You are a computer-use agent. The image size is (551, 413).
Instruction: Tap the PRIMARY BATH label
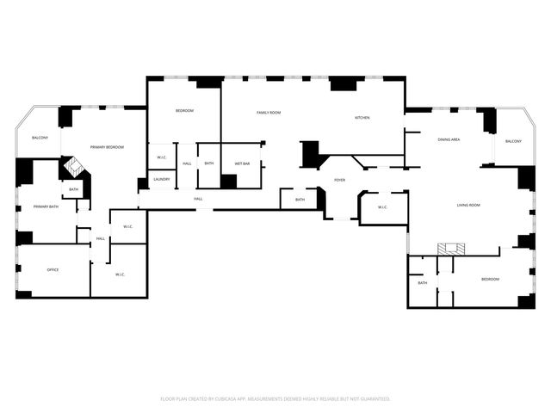tap(46, 206)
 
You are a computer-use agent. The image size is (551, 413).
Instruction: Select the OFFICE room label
tap(53, 270)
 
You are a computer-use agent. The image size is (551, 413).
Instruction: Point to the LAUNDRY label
tap(162, 180)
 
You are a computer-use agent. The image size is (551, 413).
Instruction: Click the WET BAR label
tap(242, 163)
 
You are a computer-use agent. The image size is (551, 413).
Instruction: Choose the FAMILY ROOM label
tap(269, 113)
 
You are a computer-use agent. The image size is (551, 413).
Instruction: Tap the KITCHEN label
tap(362, 118)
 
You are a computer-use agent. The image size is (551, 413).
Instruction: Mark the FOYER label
tap(340, 180)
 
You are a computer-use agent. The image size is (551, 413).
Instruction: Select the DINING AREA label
tap(448, 139)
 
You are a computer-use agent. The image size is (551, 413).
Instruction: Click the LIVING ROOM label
tap(468, 205)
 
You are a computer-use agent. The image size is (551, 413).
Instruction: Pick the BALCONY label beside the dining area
tap(513, 141)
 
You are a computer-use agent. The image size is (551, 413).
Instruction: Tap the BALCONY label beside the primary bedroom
tap(40, 138)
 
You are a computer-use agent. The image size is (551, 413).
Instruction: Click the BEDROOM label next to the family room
tap(184, 111)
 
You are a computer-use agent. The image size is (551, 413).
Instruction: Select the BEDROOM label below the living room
tap(490, 279)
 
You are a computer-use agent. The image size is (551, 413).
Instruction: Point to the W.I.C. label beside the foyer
tap(382, 207)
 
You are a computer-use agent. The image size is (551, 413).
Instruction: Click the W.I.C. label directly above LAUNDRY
tap(161, 157)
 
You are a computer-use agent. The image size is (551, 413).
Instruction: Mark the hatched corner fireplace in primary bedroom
tap(74, 167)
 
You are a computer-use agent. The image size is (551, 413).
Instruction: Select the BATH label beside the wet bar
tap(209, 163)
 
